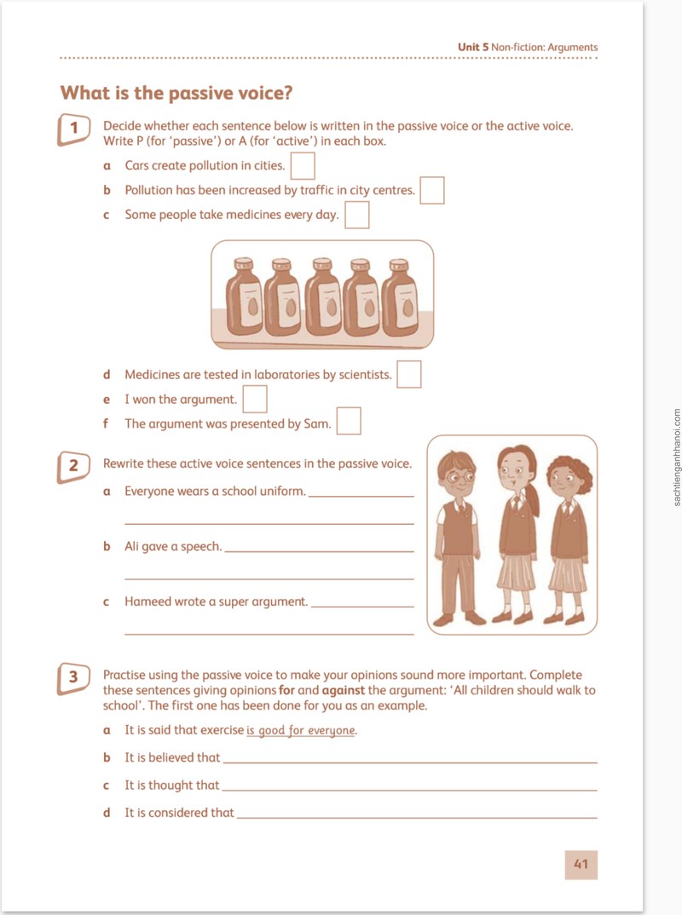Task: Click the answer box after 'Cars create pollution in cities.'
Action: tap(303, 166)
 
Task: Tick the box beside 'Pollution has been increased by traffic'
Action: tap(432, 190)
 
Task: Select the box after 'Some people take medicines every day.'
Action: tap(356, 215)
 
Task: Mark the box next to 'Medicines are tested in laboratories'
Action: tap(408, 374)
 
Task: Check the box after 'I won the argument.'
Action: tap(255, 400)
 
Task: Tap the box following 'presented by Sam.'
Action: tap(349, 421)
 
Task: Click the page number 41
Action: tap(581, 864)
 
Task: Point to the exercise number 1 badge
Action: tap(73, 129)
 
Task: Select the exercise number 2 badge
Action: tap(73, 467)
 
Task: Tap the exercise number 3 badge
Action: tap(73, 678)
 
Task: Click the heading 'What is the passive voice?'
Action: tap(176, 93)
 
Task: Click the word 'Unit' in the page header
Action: tap(468, 47)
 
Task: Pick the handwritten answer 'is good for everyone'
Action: tap(301, 731)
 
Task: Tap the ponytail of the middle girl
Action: tap(532, 496)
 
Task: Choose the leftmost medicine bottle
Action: tap(245, 297)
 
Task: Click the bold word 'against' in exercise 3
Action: tap(344, 690)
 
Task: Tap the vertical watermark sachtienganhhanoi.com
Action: tap(676, 457)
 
